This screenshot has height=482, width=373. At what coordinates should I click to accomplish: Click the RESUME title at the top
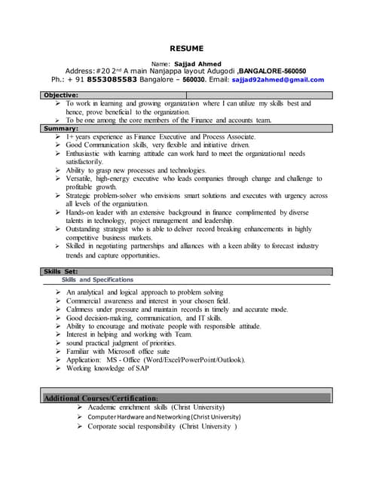(x=186, y=48)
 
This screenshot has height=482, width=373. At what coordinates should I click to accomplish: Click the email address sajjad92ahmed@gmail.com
(x=277, y=79)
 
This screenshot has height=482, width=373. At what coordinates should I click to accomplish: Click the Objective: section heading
(x=61, y=95)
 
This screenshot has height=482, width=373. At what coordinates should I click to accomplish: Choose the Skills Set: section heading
(x=61, y=271)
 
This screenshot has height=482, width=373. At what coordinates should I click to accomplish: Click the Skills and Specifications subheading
(x=97, y=279)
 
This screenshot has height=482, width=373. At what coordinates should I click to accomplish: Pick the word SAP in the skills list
(x=141, y=368)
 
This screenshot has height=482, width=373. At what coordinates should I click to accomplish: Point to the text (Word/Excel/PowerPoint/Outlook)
(x=191, y=360)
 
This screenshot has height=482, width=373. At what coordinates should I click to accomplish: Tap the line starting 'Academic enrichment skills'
(x=155, y=407)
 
